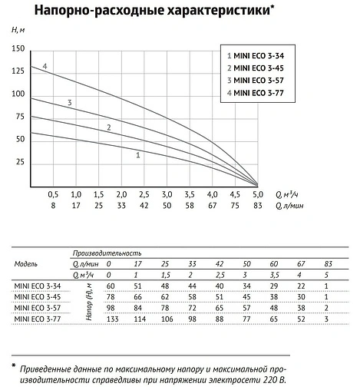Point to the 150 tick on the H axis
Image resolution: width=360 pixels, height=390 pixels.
(x=19, y=48)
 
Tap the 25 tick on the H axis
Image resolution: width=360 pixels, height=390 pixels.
(x=20, y=164)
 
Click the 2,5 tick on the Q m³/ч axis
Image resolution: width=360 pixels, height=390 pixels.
(x=144, y=195)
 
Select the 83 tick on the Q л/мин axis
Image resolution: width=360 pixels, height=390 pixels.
(x=259, y=206)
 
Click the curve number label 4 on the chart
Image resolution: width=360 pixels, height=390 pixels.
(x=45, y=68)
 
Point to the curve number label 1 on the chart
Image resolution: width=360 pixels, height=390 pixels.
(x=137, y=155)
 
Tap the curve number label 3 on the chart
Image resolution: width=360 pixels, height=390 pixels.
(x=70, y=102)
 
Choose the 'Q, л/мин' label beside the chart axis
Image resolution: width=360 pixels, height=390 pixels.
(x=291, y=206)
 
